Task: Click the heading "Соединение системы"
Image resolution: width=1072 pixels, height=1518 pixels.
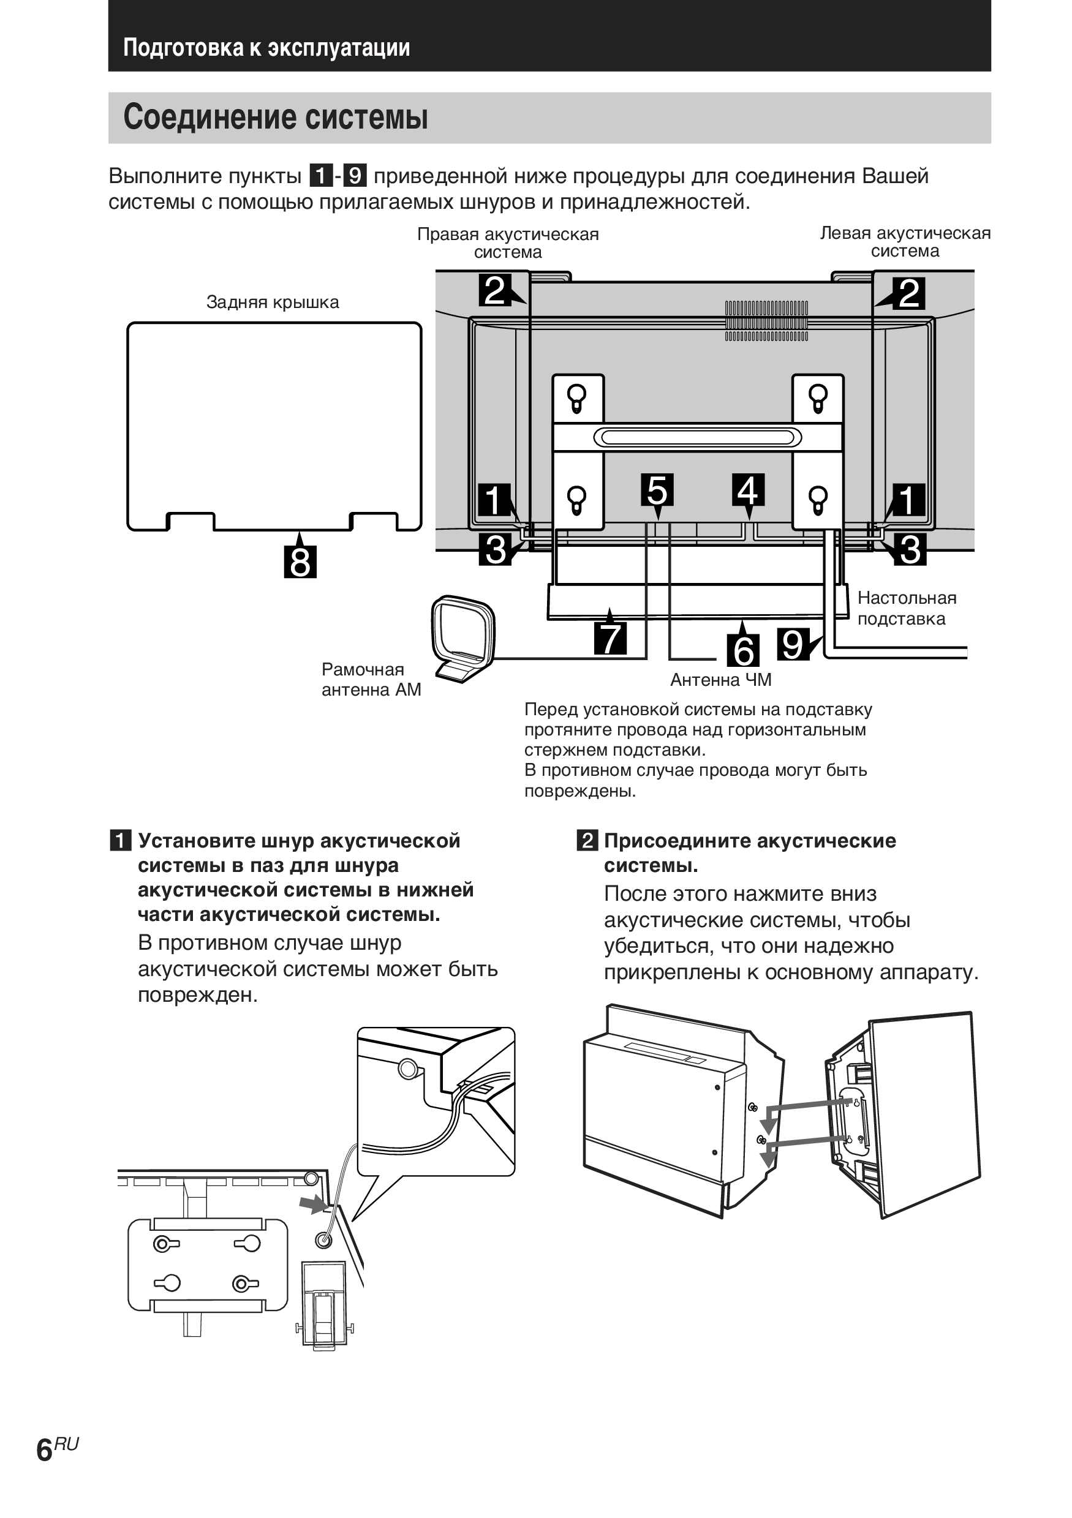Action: [x=275, y=118]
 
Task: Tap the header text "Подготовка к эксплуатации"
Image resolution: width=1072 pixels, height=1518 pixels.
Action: [x=266, y=48]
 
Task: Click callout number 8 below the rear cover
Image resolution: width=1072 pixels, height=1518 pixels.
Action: [x=300, y=562]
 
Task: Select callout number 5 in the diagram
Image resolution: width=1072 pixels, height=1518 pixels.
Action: [x=657, y=490]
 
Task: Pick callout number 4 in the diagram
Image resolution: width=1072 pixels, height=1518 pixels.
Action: [x=748, y=490]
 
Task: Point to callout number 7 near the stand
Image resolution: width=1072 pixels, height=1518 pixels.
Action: [x=610, y=638]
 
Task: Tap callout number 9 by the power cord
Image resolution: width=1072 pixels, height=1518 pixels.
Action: [x=792, y=644]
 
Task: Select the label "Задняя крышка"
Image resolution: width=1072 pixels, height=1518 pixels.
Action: [x=273, y=303]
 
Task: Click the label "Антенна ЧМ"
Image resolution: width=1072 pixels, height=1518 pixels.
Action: [x=721, y=680]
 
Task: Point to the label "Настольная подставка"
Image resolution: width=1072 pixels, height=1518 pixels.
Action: [x=906, y=608]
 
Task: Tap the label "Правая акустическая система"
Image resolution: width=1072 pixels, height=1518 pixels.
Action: [x=508, y=243]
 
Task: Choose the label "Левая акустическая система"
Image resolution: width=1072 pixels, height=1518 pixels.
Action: [x=905, y=242]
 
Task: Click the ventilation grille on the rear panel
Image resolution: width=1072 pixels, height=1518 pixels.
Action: [x=766, y=321]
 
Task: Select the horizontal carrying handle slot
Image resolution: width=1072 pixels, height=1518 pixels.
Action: [x=697, y=438]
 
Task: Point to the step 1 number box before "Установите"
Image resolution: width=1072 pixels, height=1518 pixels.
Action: [x=120, y=841]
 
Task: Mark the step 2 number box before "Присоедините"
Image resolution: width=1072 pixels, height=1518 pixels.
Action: [x=587, y=841]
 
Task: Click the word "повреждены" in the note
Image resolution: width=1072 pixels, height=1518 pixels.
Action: [x=579, y=791]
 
